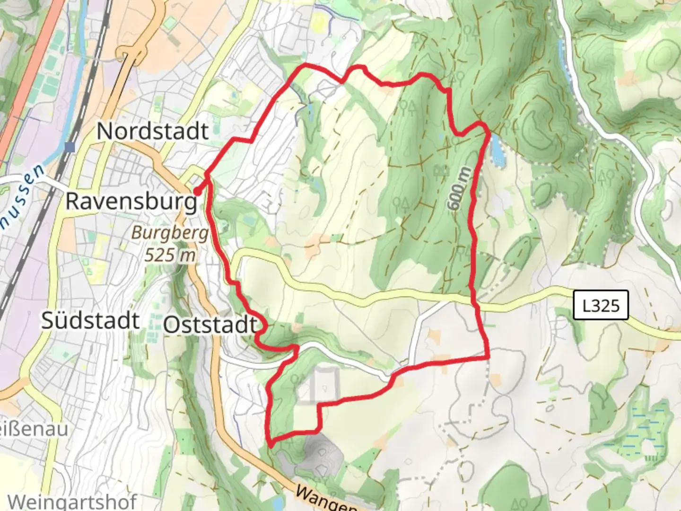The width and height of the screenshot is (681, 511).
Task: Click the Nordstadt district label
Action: (152, 131)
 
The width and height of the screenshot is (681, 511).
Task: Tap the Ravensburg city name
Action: (131, 201)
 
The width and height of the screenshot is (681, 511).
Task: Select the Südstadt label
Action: (90, 320)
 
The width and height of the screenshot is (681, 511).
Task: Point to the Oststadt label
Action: (210, 325)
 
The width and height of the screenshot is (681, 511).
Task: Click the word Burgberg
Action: (170, 233)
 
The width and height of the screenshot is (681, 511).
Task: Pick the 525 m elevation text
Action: (170, 255)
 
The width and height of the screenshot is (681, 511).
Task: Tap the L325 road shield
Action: (601, 305)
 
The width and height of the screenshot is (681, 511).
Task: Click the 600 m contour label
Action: (459, 188)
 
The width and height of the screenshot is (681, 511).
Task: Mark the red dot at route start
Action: (196, 192)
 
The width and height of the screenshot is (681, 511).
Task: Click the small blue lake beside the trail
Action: (497, 149)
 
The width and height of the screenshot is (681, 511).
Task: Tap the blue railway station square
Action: (70, 147)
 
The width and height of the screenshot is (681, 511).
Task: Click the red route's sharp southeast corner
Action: (487, 357)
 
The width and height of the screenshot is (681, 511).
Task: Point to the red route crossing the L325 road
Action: (473, 297)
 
